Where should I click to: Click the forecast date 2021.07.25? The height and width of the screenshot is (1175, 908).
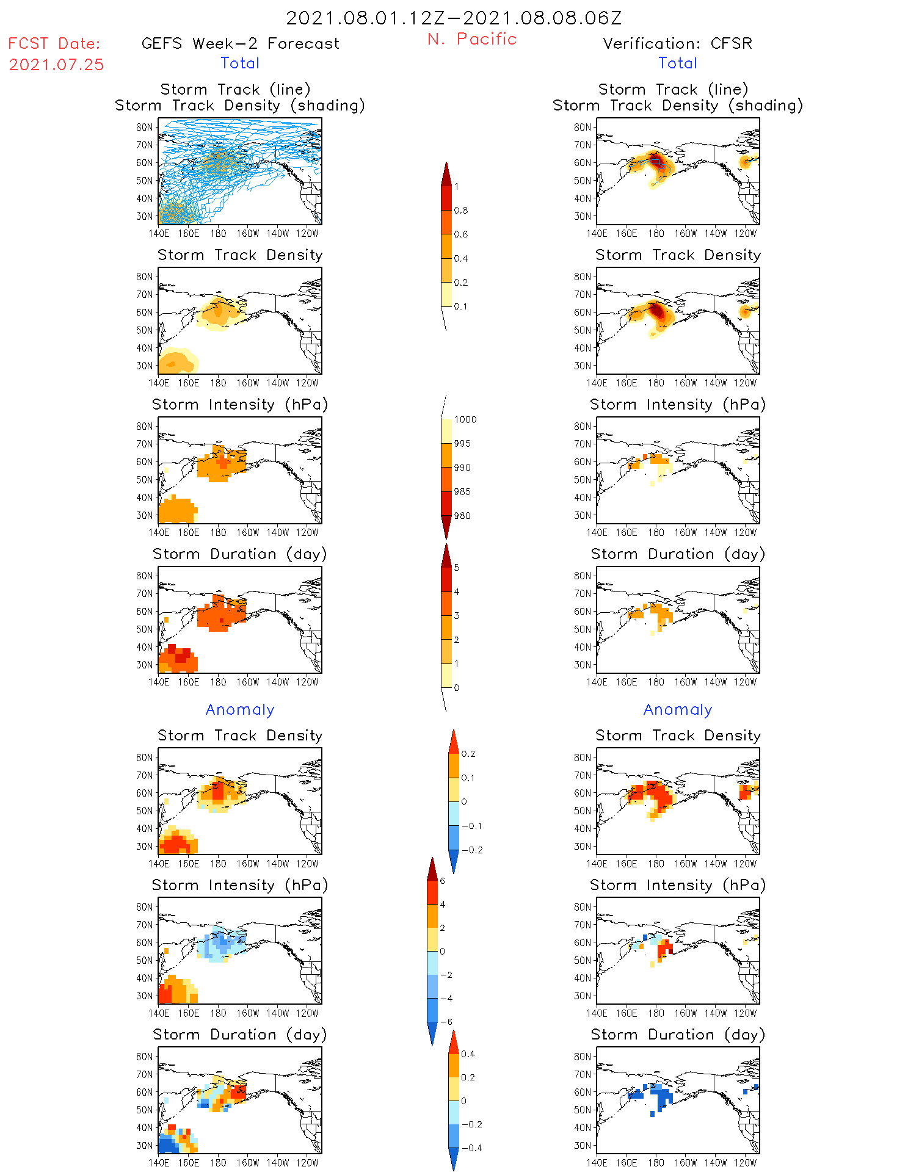(x=56, y=65)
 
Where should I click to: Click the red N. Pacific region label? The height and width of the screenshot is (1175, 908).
(x=472, y=39)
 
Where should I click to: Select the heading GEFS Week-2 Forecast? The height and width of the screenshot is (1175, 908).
(x=240, y=43)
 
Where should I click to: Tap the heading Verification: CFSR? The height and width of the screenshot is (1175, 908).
(x=677, y=43)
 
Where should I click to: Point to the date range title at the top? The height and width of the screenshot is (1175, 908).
(x=454, y=18)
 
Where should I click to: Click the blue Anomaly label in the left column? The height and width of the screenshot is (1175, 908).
(x=240, y=709)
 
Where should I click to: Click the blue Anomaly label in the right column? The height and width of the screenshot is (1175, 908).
(x=678, y=709)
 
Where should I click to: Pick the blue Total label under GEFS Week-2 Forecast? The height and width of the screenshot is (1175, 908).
(x=240, y=63)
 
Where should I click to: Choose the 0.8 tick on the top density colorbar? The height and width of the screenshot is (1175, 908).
(x=461, y=211)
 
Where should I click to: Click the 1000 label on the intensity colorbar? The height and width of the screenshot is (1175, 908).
(x=465, y=420)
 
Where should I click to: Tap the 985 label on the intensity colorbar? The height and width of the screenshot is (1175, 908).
(x=462, y=492)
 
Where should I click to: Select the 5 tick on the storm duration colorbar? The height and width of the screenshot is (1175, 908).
(x=457, y=568)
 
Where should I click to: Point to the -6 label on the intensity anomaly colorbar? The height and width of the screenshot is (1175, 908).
(x=446, y=1022)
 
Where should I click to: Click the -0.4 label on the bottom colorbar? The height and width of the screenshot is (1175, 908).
(x=471, y=1148)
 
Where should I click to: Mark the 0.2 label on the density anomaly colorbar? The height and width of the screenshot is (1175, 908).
(x=468, y=754)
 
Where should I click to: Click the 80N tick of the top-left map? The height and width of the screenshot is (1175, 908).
(x=145, y=127)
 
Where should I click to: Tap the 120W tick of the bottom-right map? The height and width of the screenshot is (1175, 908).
(x=745, y=1163)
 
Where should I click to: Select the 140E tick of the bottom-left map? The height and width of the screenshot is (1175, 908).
(x=159, y=1163)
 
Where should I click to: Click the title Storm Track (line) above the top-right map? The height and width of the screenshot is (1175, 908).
(x=673, y=89)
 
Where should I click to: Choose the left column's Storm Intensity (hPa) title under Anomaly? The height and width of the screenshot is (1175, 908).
(x=240, y=885)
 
